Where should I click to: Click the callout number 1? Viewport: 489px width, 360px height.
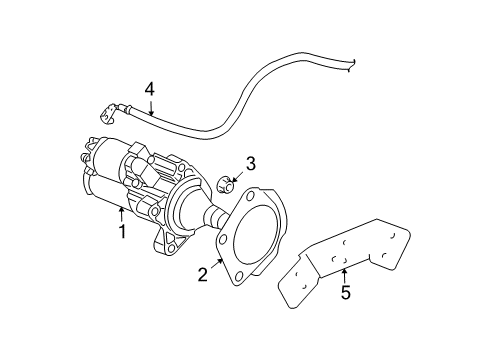tap(122, 232)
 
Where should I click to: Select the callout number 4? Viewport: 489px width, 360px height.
tap(149, 89)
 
